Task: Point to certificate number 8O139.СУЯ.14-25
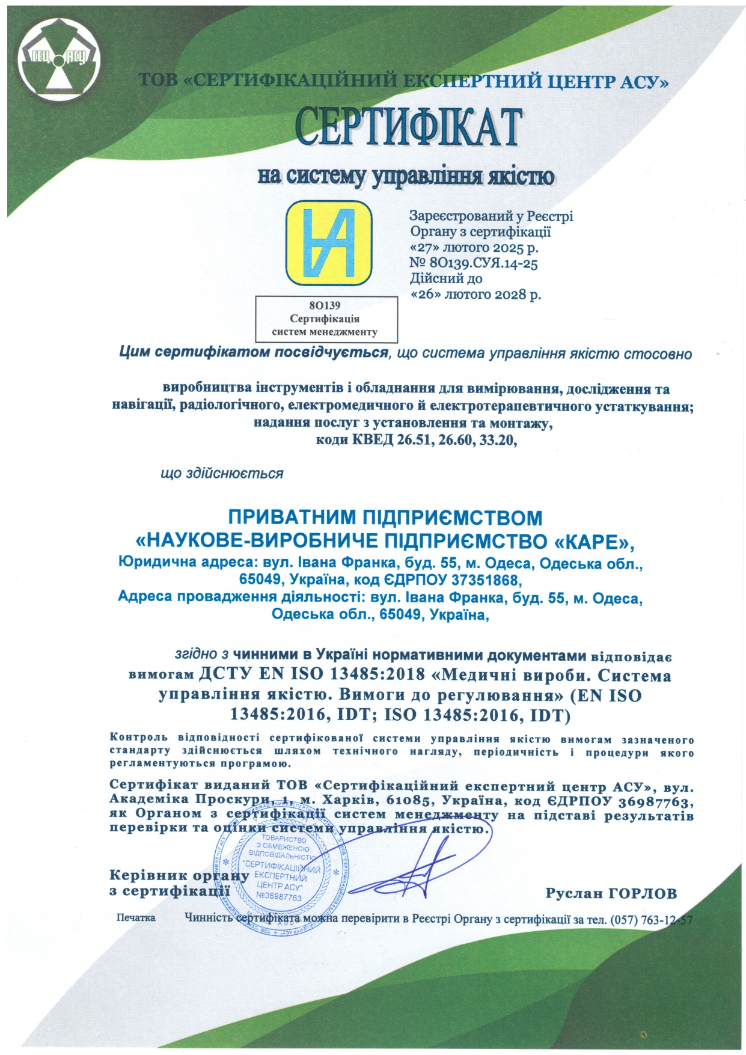pyautogui.click(x=482, y=263)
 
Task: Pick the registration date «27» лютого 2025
pyautogui.click(x=474, y=247)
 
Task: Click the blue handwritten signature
pyautogui.click(x=415, y=866)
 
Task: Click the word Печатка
pyautogui.click(x=136, y=918)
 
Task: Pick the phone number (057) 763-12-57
pyautogui.click(x=652, y=920)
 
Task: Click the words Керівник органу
pyautogui.click(x=179, y=875)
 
